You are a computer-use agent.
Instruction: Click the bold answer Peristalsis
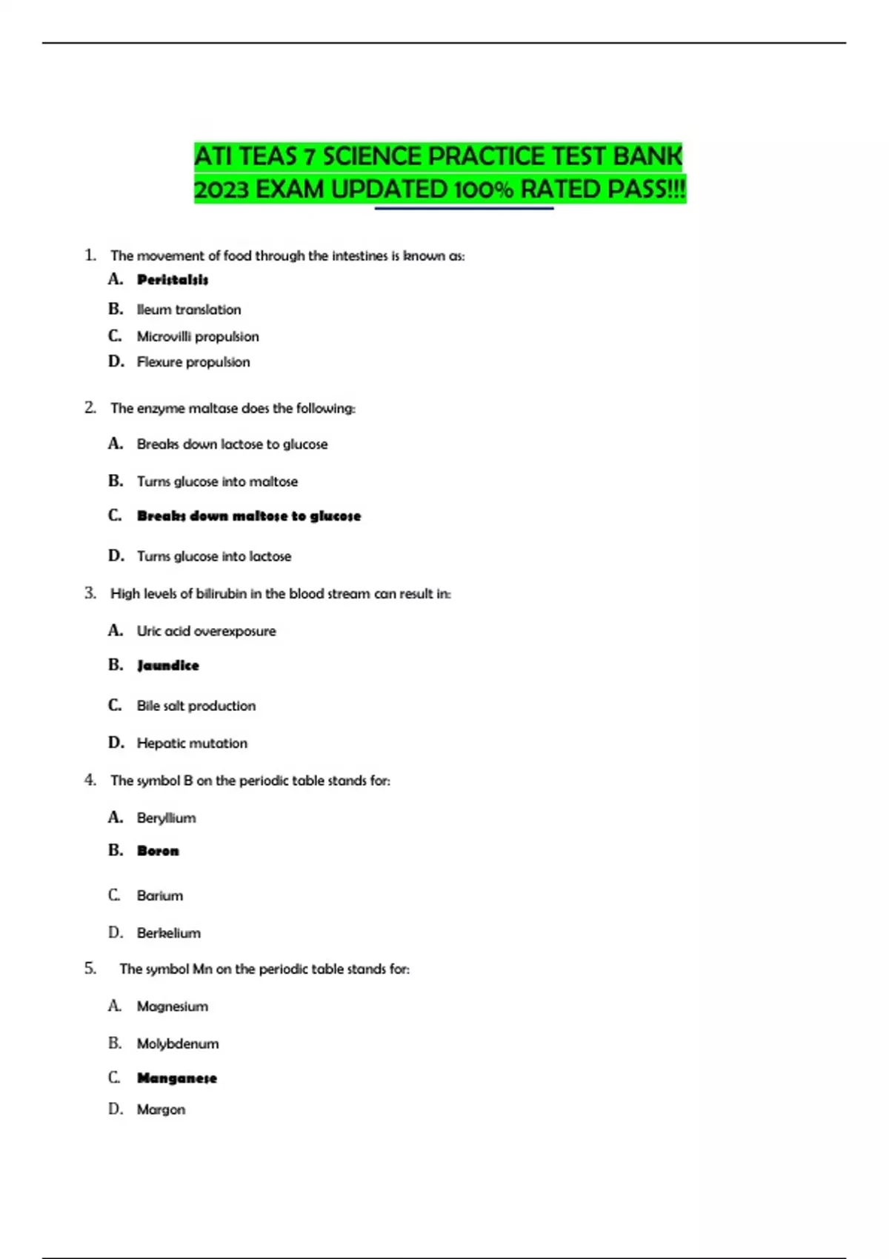point(173,280)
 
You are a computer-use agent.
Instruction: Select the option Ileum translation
point(189,310)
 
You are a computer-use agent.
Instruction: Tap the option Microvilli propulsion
point(198,336)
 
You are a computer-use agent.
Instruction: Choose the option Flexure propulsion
point(193,362)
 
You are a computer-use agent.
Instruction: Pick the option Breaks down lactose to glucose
point(232,444)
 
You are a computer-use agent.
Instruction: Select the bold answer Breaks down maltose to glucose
point(249,516)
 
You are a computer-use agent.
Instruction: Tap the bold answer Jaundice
point(168,666)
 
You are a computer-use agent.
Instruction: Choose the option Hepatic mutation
point(192,743)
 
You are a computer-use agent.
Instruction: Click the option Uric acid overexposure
point(206,631)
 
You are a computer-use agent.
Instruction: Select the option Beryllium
point(167,818)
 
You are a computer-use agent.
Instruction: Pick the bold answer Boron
point(158,851)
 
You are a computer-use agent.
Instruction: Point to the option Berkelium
point(169,933)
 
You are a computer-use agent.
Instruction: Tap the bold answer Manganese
point(177,1078)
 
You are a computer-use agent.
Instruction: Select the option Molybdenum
point(178,1043)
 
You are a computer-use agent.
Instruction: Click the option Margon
point(161,1109)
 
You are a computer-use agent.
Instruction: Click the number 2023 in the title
point(221,190)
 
